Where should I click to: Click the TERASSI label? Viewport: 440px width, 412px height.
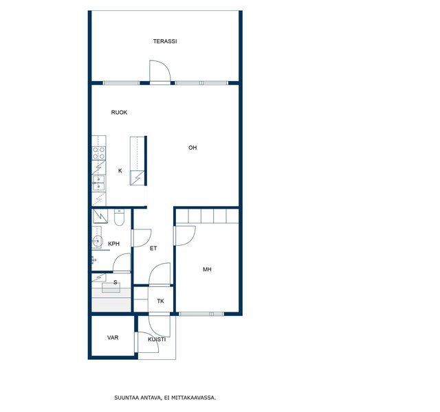tap(165, 41)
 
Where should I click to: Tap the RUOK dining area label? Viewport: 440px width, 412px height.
tap(119, 113)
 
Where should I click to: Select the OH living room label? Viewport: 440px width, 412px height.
tap(192, 148)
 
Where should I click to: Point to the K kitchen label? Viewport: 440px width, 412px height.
tap(120, 171)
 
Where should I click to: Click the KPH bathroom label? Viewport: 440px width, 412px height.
tap(114, 244)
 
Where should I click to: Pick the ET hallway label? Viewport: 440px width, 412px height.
tap(153, 249)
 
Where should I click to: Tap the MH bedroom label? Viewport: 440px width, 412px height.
tap(207, 270)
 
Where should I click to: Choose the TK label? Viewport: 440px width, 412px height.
tap(160, 301)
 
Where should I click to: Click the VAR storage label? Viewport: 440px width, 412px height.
tap(113, 338)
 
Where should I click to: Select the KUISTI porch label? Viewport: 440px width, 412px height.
tap(157, 339)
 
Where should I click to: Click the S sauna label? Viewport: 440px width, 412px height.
tap(115, 282)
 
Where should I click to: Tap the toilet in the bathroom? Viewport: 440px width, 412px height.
tap(119, 218)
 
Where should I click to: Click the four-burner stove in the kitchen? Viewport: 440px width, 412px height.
tap(99, 153)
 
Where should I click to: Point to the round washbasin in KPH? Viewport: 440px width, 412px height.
tap(97, 240)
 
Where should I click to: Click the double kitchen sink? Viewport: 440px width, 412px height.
tap(98, 183)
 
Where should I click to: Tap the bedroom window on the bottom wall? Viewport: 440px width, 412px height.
tap(201, 314)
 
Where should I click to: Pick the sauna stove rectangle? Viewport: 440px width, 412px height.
tap(111, 288)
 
